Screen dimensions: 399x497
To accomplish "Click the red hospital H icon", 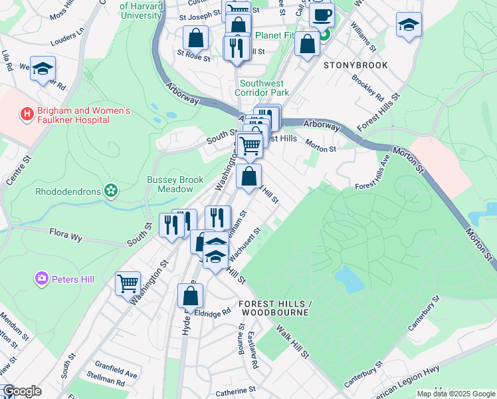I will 27,114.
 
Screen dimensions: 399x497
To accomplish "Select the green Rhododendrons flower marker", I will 110,192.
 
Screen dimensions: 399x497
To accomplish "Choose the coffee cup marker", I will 322,15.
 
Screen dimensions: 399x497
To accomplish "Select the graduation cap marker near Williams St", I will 409,26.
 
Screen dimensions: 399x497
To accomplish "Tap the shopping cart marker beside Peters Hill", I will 128,283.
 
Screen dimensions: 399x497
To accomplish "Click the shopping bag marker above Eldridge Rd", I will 190,296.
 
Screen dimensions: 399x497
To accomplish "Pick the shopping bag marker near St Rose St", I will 196,38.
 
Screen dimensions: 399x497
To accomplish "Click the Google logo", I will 22,391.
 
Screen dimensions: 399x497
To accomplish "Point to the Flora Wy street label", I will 68,233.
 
